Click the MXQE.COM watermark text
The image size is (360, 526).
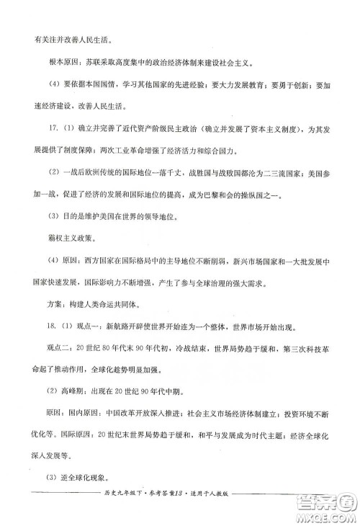point(329,515)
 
